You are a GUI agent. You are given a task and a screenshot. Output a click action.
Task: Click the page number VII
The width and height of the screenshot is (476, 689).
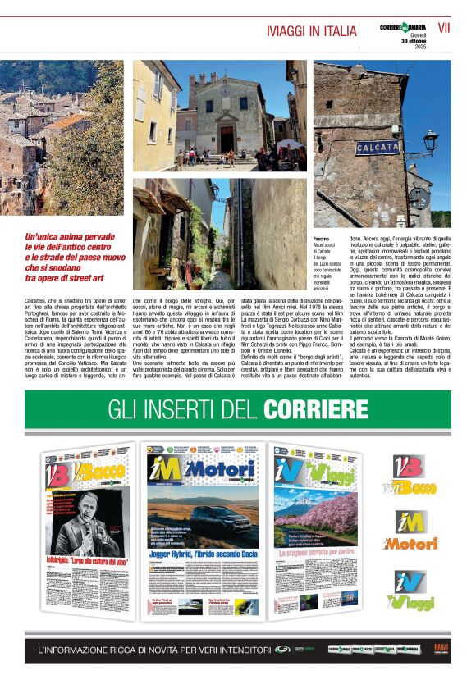444,27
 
